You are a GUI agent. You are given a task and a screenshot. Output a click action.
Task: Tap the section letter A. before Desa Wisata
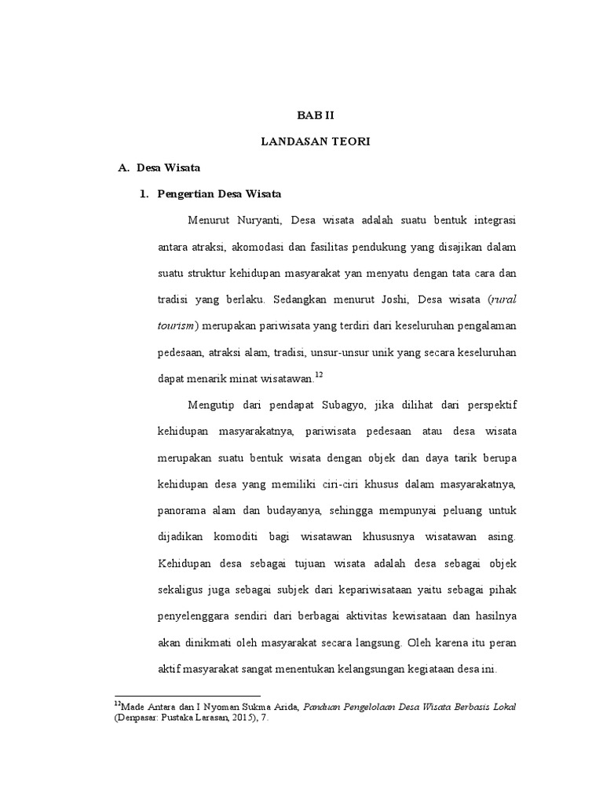(x=122, y=167)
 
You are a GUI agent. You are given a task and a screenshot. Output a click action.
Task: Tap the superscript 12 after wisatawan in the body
(x=318, y=375)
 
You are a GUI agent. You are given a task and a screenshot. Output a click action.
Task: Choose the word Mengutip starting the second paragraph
(x=213, y=405)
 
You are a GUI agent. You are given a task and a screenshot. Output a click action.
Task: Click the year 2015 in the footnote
(x=233, y=719)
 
